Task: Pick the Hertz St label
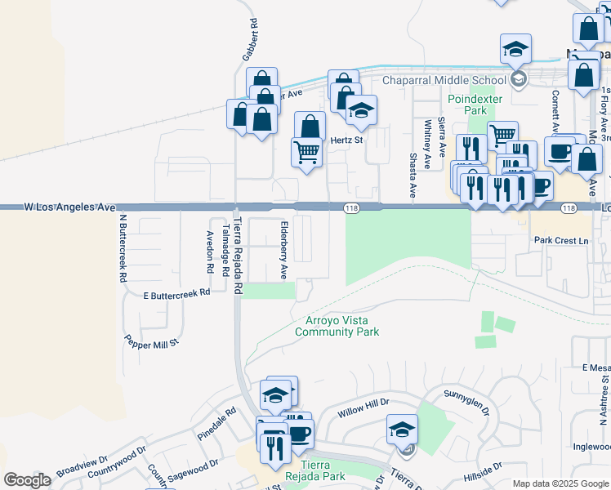(x=346, y=140)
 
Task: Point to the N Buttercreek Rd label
(x=123, y=248)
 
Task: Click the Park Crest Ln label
(x=561, y=241)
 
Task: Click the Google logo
(x=27, y=480)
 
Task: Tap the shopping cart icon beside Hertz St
(x=306, y=152)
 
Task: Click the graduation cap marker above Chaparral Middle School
(x=515, y=51)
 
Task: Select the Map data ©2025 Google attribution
(x=560, y=483)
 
